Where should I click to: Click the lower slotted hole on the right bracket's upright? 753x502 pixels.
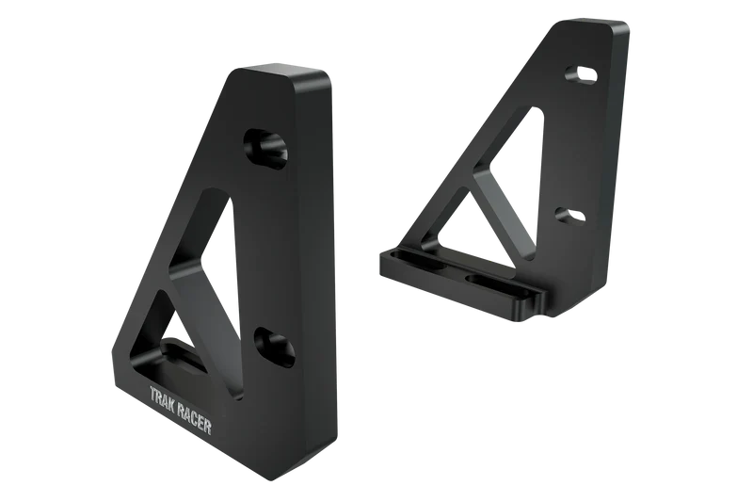[x=569, y=216]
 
